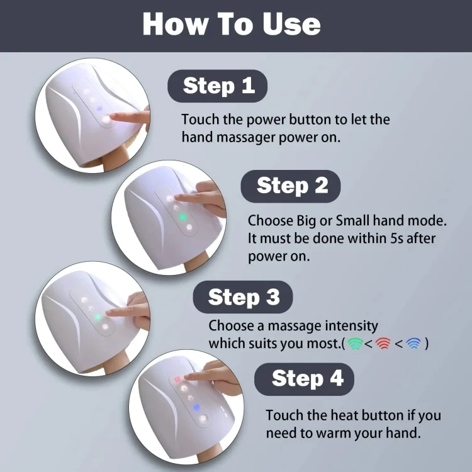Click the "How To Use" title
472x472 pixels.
(232, 24)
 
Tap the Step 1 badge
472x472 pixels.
(217, 86)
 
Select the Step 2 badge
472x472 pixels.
(291, 186)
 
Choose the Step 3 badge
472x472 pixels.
(243, 297)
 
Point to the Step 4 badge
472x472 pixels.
(304, 379)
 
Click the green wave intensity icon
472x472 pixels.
(355, 344)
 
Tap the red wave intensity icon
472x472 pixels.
(383, 344)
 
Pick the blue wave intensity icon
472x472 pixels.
(413, 344)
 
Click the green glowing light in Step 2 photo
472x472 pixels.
(182, 216)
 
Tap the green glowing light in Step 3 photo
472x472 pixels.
(98, 317)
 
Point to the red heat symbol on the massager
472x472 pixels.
(177, 379)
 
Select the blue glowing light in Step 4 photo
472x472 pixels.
(196, 408)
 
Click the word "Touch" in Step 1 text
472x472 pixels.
(200, 120)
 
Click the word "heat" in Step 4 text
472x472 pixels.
(345, 415)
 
